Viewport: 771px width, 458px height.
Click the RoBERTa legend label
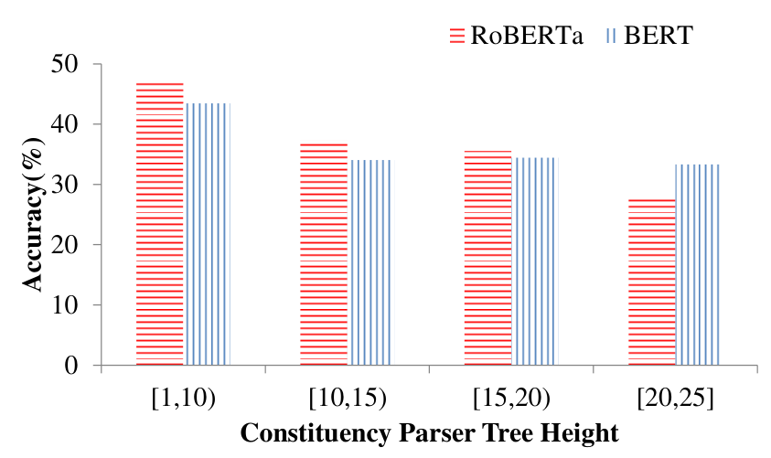coord(527,36)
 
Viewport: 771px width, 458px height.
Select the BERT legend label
coord(659,36)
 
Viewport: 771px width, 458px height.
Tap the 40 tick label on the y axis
coord(64,123)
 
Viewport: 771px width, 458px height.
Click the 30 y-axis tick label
coord(64,185)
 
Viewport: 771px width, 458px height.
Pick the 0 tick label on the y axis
coord(71,366)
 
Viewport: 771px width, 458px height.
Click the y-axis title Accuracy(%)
coord(33,215)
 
